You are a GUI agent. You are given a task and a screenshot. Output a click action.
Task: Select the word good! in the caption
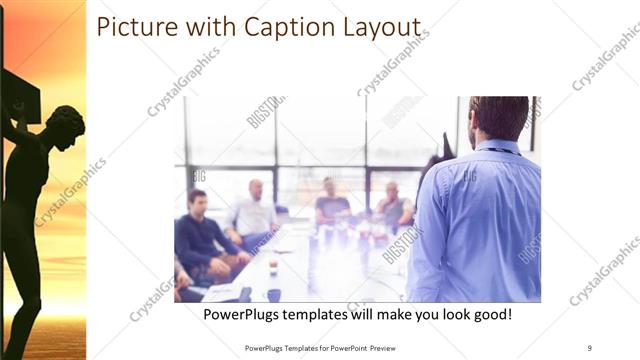tap(490, 315)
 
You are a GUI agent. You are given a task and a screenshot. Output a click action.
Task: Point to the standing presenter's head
tap(497, 118)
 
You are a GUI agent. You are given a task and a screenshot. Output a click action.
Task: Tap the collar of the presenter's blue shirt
tap(498, 148)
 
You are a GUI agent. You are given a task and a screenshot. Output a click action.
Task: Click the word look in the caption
tap(449, 315)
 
